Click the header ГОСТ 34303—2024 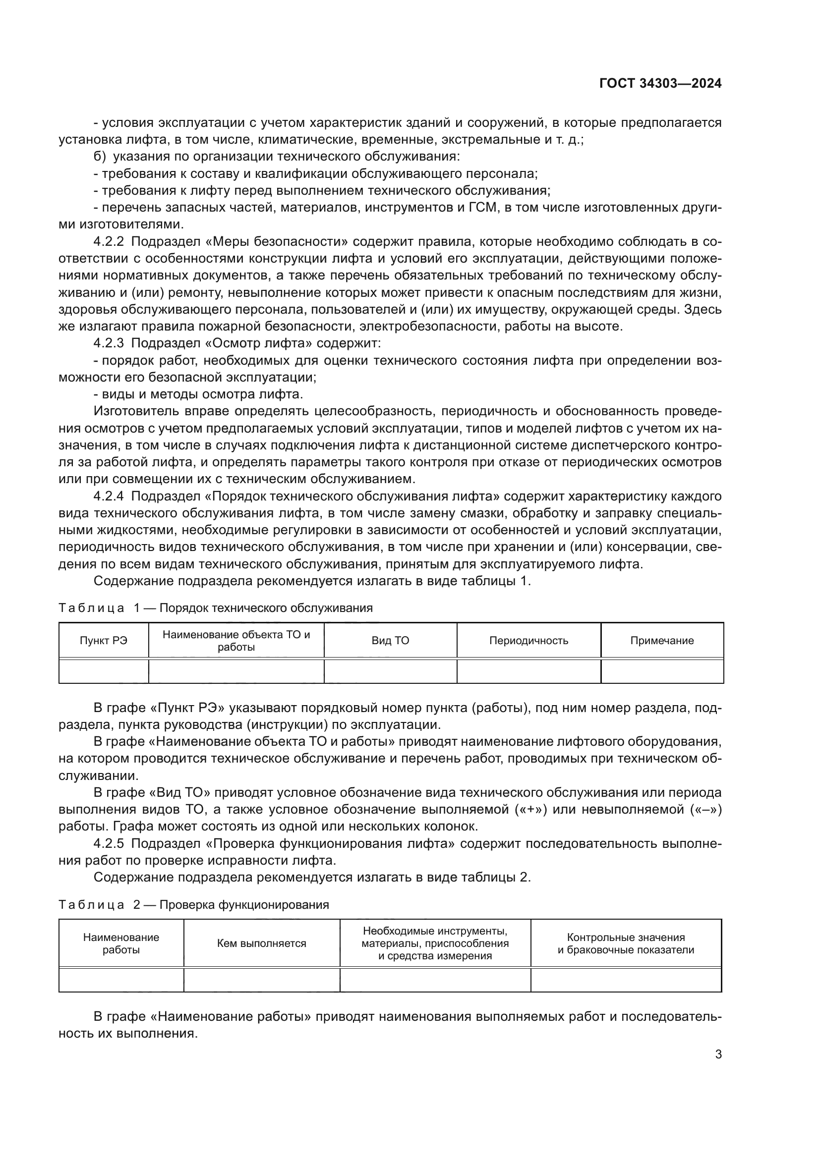660,83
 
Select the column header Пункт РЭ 104,641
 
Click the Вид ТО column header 390,641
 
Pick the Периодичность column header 528,641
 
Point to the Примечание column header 661,641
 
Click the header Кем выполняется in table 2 261,943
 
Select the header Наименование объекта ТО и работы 236,641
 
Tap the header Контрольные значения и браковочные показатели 626,943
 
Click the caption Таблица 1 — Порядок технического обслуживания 216,608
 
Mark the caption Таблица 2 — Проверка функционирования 193,905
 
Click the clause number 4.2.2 108,241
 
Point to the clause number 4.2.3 108,343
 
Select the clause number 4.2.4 108,496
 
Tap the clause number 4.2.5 108,843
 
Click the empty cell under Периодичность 528,671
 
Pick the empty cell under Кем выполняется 261,980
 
